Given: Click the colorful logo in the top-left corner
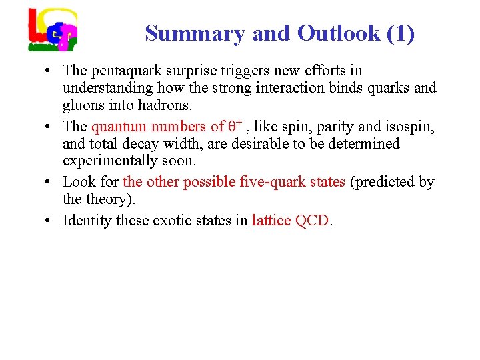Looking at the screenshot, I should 52,29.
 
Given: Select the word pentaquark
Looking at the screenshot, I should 126,71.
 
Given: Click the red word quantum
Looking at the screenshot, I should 120,127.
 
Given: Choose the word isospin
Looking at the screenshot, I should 411,127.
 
